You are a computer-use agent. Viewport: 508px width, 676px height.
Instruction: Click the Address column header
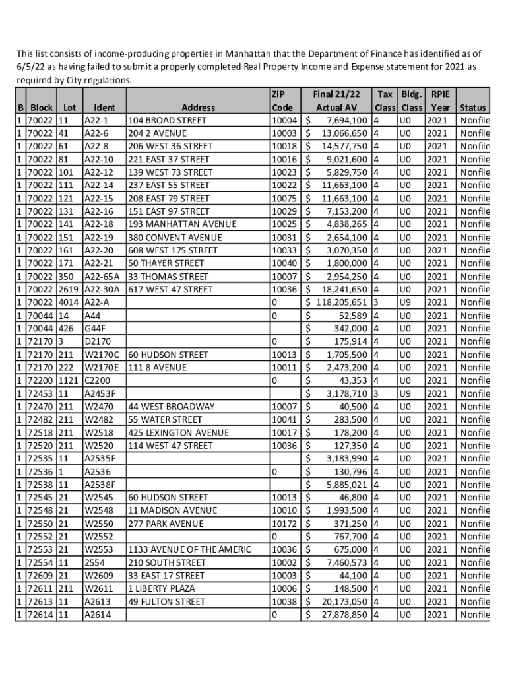pos(198,108)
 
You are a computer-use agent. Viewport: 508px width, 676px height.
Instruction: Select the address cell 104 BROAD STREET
pos(167,121)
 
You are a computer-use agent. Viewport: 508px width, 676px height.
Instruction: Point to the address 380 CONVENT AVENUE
pos(176,238)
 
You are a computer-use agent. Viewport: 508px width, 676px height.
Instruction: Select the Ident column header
pos(105,108)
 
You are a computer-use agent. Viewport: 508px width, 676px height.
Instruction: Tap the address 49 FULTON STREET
pos(166,601)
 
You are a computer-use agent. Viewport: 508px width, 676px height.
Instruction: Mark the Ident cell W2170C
pos(102,355)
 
